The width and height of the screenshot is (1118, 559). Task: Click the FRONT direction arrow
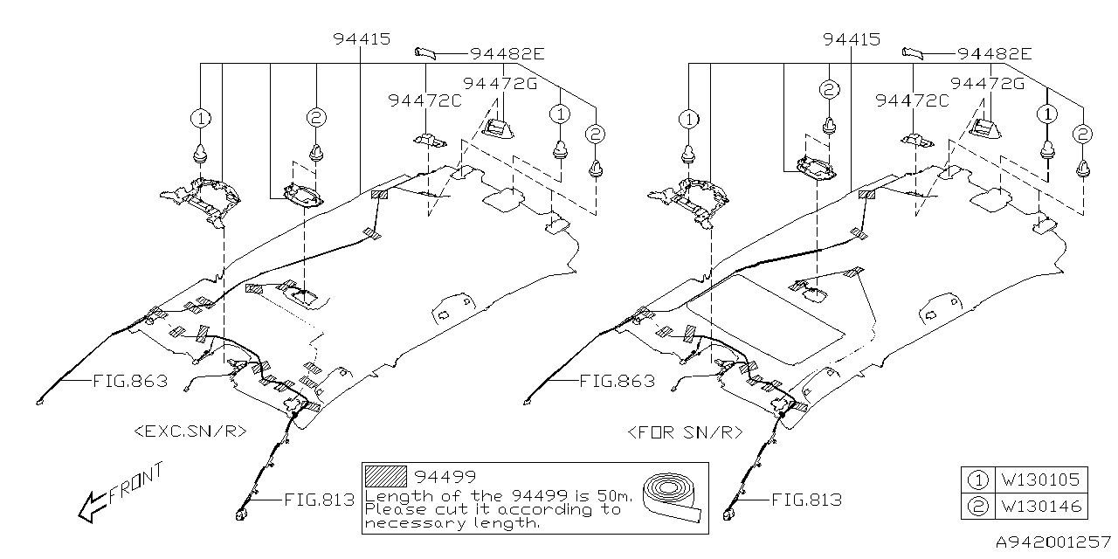click(x=90, y=506)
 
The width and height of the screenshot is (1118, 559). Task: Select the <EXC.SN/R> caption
click(x=190, y=431)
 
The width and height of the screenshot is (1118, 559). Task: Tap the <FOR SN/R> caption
click(x=684, y=431)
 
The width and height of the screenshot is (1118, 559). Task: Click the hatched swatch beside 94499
click(x=387, y=477)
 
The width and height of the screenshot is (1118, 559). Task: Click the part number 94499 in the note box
click(x=445, y=477)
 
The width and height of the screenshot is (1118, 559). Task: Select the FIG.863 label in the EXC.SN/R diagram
click(x=129, y=381)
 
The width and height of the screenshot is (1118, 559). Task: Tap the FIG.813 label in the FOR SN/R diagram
click(x=806, y=500)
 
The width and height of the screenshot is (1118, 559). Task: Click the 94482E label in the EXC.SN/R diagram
click(x=507, y=54)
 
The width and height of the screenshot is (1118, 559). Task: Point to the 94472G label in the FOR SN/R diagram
click(x=986, y=83)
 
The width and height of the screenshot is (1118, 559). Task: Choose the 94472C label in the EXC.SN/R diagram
click(x=424, y=101)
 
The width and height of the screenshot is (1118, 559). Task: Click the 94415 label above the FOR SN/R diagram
click(x=851, y=39)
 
